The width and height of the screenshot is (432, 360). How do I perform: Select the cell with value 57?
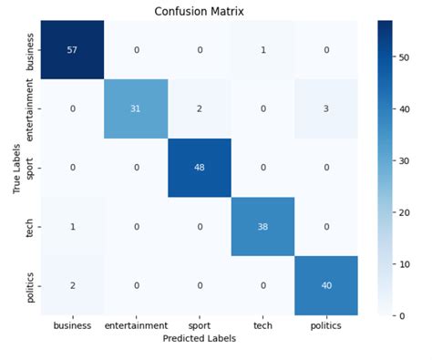(72, 50)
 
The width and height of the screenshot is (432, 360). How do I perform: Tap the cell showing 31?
(136, 108)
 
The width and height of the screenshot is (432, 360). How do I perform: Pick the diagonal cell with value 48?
(200, 168)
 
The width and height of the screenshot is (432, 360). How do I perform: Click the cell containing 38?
(263, 227)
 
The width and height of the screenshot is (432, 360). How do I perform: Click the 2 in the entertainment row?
(200, 108)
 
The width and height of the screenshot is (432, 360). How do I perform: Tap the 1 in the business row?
(263, 50)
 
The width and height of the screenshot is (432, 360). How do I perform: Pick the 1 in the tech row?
(72, 227)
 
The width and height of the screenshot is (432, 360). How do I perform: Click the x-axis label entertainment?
(136, 324)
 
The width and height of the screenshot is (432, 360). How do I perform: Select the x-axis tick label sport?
(200, 324)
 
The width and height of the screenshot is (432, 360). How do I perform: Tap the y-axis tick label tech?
(32, 227)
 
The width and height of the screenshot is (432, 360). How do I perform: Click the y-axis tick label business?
(32, 50)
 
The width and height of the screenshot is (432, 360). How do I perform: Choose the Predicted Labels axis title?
(200, 338)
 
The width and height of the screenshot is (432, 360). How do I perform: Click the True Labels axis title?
(15, 168)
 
